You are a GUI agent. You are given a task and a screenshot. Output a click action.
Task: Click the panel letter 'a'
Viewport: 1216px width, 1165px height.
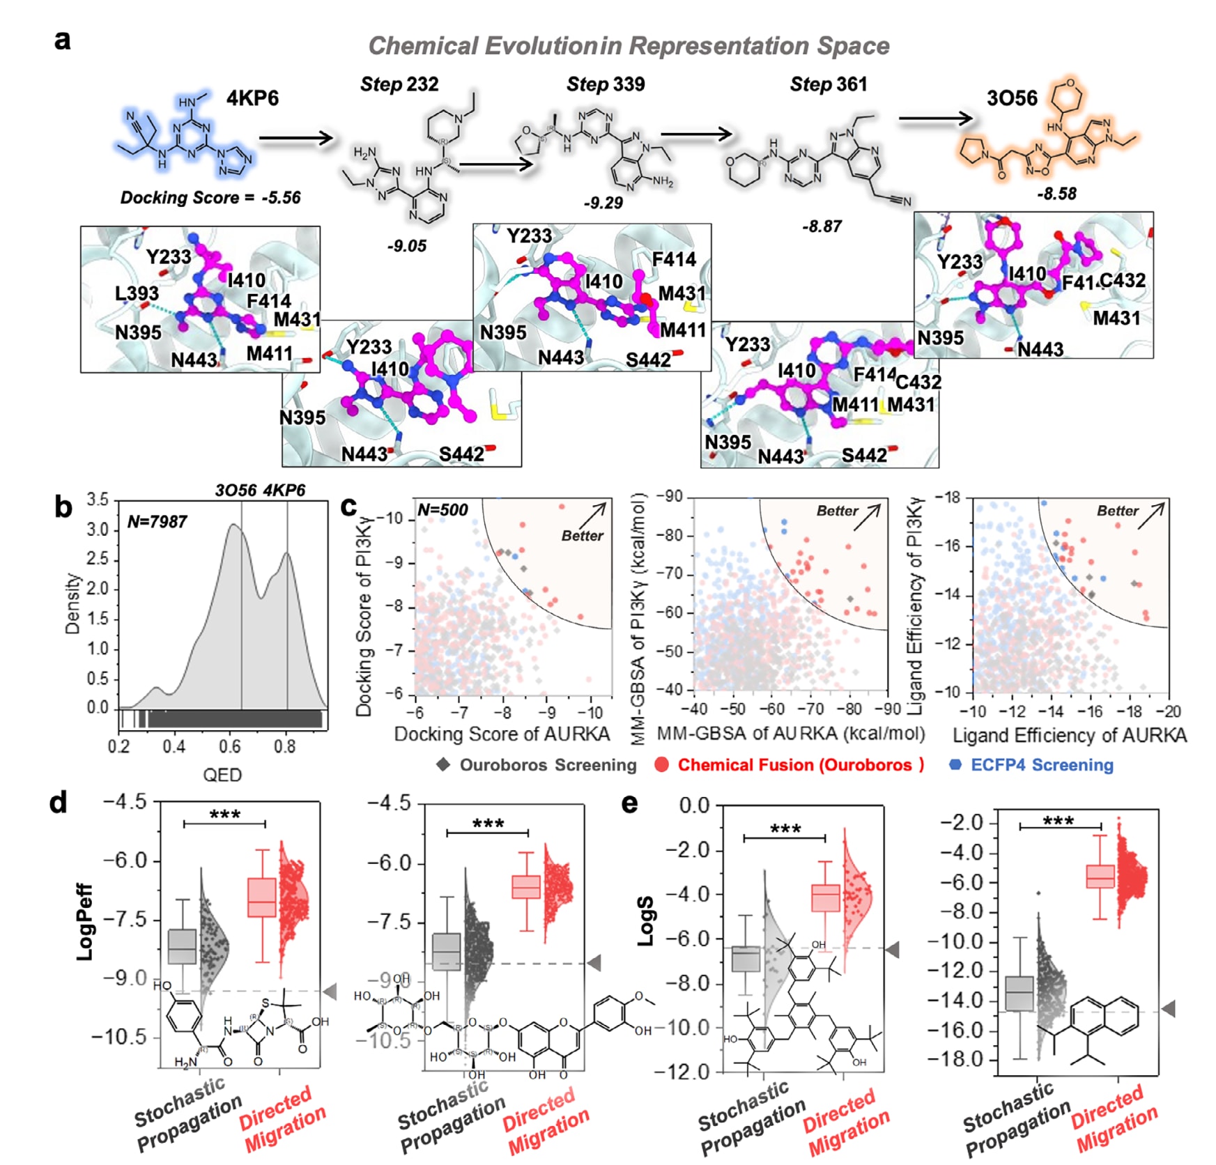(63, 40)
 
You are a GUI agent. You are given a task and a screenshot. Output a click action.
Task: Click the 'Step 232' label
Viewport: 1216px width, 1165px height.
(399, 84)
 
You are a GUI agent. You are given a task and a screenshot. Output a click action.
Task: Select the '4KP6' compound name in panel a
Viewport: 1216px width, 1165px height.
(252, 98)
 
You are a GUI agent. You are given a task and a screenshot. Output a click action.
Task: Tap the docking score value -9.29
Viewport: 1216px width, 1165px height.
(603, 203)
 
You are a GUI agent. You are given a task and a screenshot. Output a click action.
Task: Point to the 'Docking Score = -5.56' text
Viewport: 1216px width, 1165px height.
(210, 198)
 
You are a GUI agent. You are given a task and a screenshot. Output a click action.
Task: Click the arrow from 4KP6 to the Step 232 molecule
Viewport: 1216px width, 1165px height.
(296, 138)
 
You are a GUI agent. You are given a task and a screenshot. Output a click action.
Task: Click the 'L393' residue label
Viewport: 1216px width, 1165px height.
(137, 293)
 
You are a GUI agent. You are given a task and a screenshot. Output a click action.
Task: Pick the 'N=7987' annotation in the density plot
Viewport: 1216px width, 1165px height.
(157, 522)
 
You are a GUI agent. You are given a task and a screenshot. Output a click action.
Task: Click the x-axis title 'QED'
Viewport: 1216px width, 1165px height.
(222, 775)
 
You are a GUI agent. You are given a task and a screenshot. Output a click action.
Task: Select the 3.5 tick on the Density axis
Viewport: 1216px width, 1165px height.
(98, 500)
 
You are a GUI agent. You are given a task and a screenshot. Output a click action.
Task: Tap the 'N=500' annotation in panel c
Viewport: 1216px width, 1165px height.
(442, 510)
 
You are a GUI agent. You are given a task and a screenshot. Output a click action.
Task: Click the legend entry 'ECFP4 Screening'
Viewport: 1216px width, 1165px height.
(1041, 765)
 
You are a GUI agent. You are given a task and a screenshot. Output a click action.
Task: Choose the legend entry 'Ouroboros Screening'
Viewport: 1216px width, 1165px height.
(548, 765)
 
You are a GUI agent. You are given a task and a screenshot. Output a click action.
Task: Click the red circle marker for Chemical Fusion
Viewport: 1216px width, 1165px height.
(662, 765)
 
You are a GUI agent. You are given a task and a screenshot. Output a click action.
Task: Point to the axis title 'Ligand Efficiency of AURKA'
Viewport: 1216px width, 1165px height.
(1070, 735)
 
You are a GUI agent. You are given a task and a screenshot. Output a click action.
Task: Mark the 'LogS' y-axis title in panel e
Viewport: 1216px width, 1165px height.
(647, 921)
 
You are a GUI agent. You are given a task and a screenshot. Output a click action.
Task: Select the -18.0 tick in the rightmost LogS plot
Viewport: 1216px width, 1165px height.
(960, 1060)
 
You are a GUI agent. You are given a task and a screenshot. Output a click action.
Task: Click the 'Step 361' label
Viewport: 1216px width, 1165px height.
(829, 84)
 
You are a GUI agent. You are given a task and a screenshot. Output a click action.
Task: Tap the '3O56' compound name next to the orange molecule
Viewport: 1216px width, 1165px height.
(1012, 98)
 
